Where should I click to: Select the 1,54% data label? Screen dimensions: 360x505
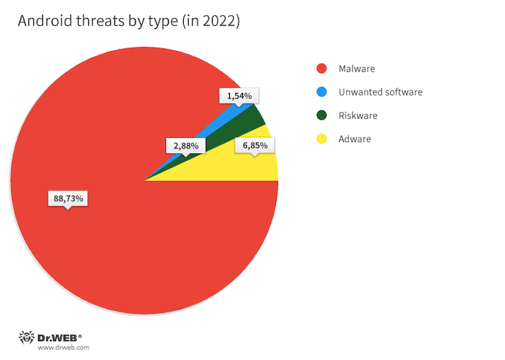pyautogui.click(x=239, y=96)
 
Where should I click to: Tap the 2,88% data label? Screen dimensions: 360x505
pyautogui.click(x=186, y=145)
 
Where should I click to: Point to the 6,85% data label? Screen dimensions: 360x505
pyautogui.click(x=254, y=145)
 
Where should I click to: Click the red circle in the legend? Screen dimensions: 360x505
pyautogui.click(x=322, y=68)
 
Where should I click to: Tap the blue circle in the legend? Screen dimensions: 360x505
pyautogui.click(x=322, y=92)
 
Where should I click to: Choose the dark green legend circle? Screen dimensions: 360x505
pyautogui.click(x=322, y=116)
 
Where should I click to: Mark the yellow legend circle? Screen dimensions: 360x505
pyautogui.click(x=322, y=139)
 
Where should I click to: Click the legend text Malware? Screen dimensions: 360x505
pyautogui.click(x=357, y=68)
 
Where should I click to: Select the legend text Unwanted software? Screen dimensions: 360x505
pyautogui.click(x=380, y=92)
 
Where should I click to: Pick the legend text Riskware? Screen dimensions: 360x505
pyautogui.click(x=357, y=116)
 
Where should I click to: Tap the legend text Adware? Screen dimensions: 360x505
pyautogui.click(x=355, y=139)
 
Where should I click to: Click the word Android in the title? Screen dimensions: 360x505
pyautogui.click(x=44, y=21)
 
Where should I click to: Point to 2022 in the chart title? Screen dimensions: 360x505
pyautogui.click(x=219, y=21)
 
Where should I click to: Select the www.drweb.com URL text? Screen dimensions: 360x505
pyautogui.click(x=63, y=347)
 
